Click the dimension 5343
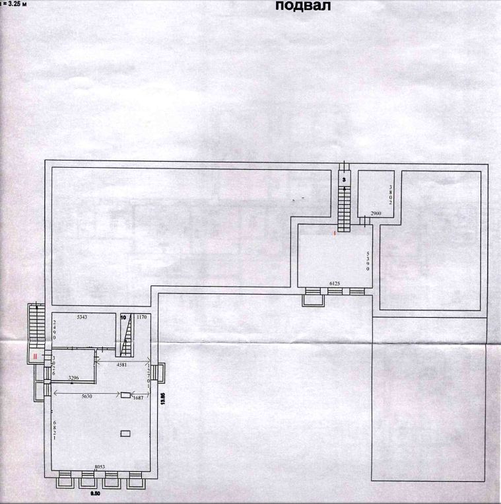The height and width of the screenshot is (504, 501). point(83,318)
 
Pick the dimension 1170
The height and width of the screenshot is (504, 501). point(141,318)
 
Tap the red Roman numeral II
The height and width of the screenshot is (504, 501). point(34,356)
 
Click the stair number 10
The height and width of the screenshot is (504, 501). point(123,318)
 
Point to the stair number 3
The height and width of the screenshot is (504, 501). point(343,179)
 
